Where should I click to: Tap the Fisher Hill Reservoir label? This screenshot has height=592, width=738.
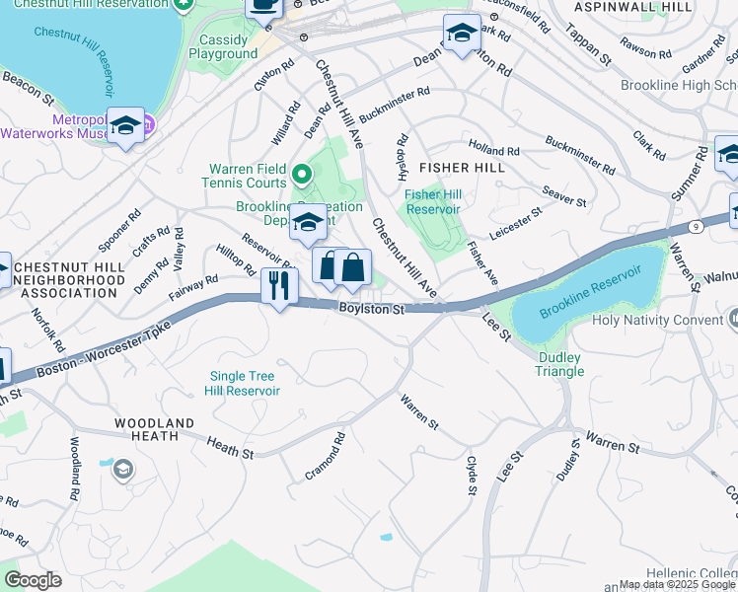(433, 201)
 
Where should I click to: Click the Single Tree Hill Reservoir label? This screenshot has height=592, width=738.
(242, 383)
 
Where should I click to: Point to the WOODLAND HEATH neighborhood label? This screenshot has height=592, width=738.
(146, 429)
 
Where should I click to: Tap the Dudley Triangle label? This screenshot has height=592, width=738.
(560, 364)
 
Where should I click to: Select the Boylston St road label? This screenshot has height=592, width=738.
(372, 310)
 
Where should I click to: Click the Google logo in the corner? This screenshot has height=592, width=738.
(33, 580)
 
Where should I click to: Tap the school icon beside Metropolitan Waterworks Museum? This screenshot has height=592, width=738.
(125, 126)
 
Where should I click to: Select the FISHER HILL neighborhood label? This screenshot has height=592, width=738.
(463, 168)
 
